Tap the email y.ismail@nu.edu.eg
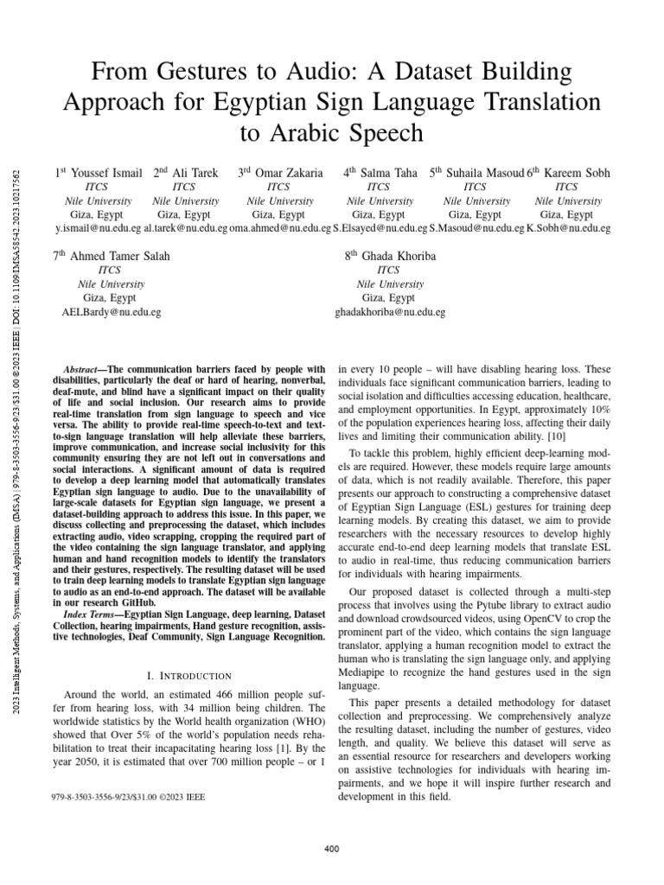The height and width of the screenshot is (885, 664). [x=98, y=228]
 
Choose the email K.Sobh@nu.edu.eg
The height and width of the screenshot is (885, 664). [x=568, y=228]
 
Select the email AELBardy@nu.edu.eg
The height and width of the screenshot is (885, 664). [x=110, y=311]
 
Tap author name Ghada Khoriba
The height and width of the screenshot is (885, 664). [x=389, y=256]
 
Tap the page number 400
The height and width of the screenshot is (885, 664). [x=331, y=850]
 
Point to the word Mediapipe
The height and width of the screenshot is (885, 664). [x=365, y=648]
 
